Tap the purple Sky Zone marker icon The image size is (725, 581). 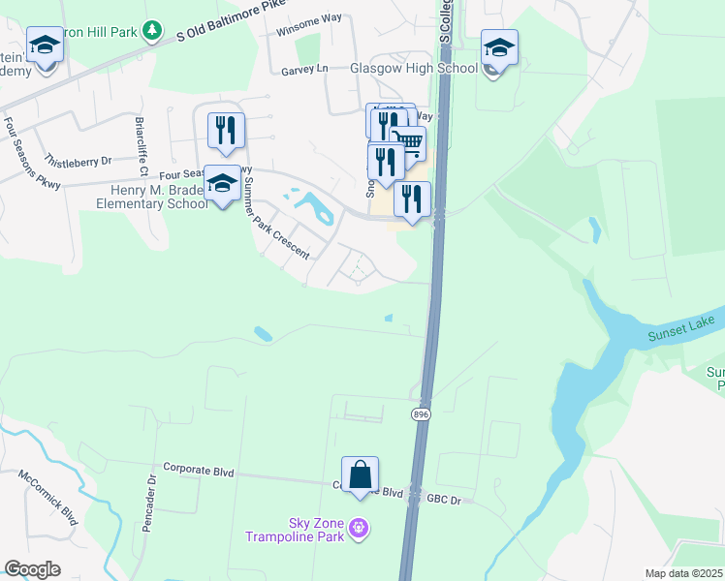360,528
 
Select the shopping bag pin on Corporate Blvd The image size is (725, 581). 360,476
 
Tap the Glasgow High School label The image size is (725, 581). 414,69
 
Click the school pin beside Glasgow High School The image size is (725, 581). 499,49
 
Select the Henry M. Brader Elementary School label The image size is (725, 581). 152,197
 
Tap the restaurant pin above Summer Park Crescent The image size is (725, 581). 226,132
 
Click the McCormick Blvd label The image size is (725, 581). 47,499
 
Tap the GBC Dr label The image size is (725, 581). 446,500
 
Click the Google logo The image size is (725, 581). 32,569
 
